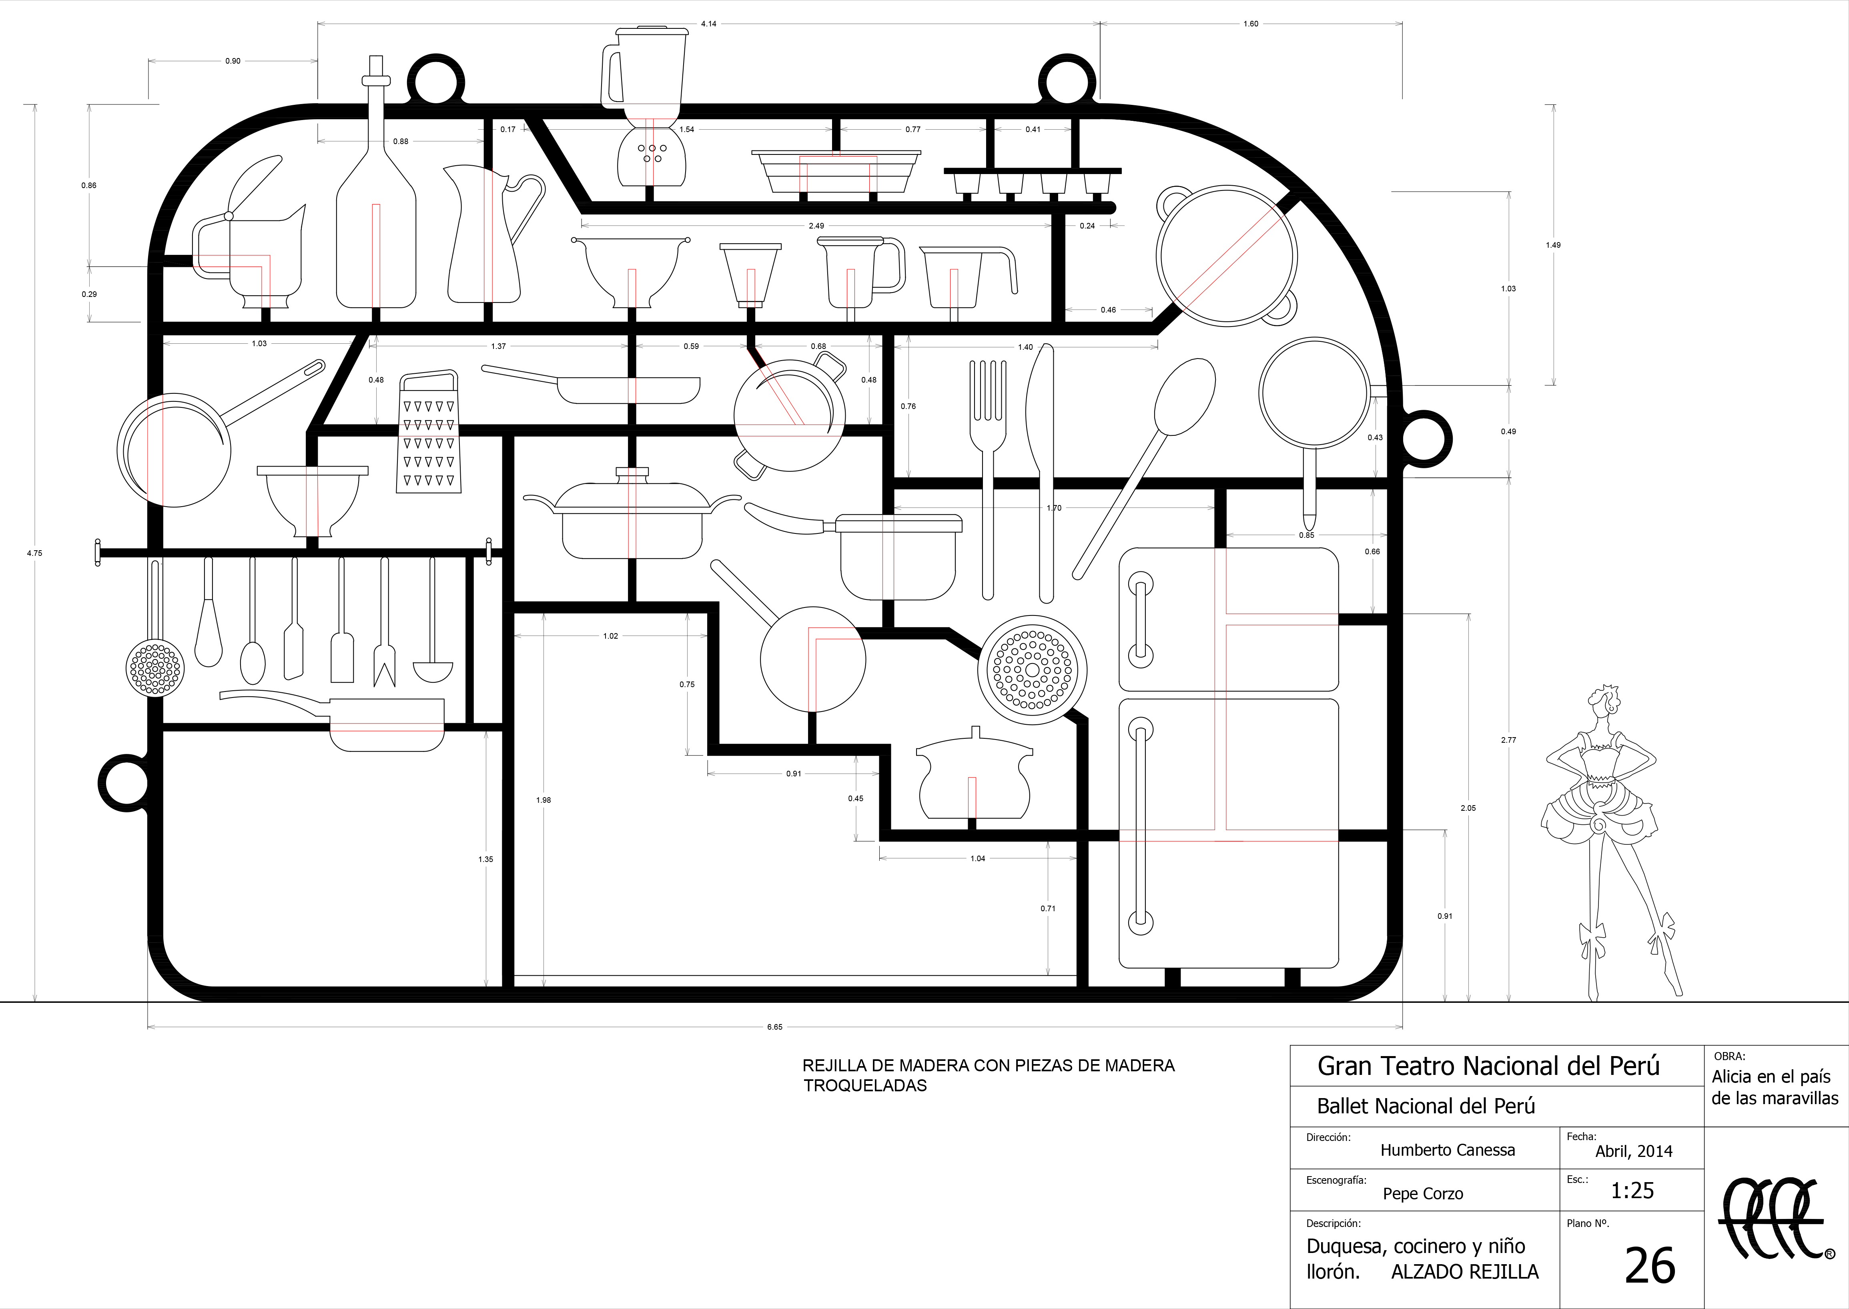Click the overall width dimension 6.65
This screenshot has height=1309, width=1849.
tap(774, 1027)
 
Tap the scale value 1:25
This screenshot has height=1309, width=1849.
tap(1632, 1191)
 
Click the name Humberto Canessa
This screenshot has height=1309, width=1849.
tap(1448, 1150)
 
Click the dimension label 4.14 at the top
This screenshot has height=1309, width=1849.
tap(708, 24)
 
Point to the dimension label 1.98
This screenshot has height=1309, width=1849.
tap(543, 800)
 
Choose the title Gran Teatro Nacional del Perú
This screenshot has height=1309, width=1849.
tap(1488, 1066)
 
